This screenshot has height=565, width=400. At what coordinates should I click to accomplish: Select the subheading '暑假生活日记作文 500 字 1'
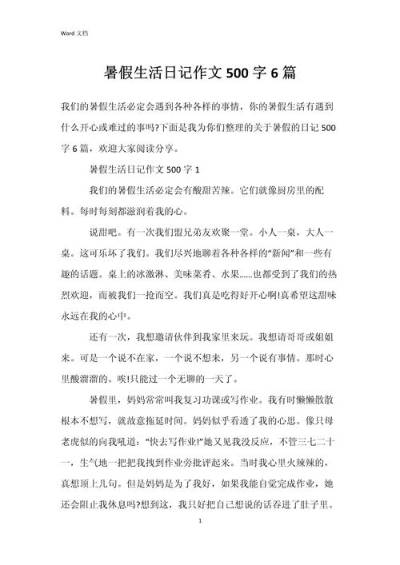click(x=144, y=169)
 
